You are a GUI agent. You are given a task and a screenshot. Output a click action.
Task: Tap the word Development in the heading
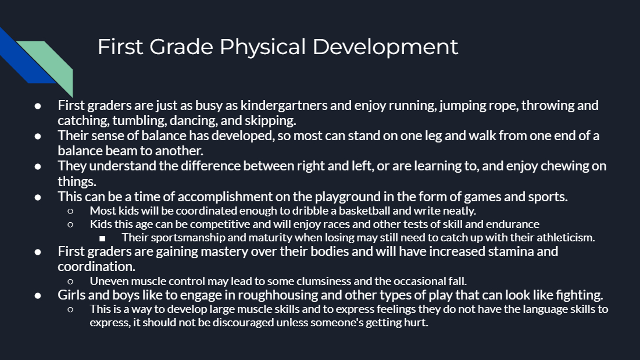tap(385, 47)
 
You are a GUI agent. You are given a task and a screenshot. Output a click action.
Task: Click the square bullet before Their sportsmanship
tap(102, 238)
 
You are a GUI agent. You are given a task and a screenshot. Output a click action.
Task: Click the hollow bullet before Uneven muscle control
tap(70, 281)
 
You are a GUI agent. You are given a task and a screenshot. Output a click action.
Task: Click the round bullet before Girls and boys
tap(38, 295)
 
